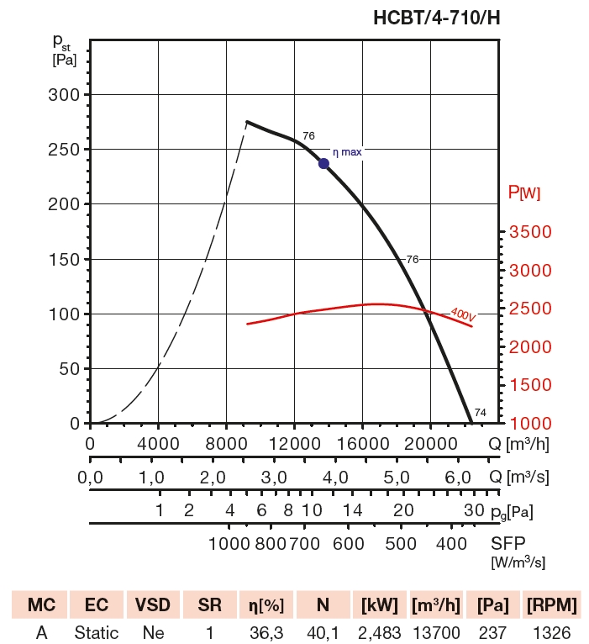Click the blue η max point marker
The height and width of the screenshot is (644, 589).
click(x=324, y=163)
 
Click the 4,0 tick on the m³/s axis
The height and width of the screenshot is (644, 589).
click(x=336, y=478)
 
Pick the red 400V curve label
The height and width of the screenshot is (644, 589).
click(x=463, y=314)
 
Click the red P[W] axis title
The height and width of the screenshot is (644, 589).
click(x=524, y=193)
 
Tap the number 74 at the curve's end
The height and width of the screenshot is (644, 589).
click(x=480, y=412)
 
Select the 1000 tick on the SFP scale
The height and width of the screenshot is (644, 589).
click(x=229, y=543)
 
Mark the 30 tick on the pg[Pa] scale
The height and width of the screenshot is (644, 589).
click(x=473, y=510)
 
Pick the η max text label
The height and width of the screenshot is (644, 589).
click(x=347, y=152)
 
